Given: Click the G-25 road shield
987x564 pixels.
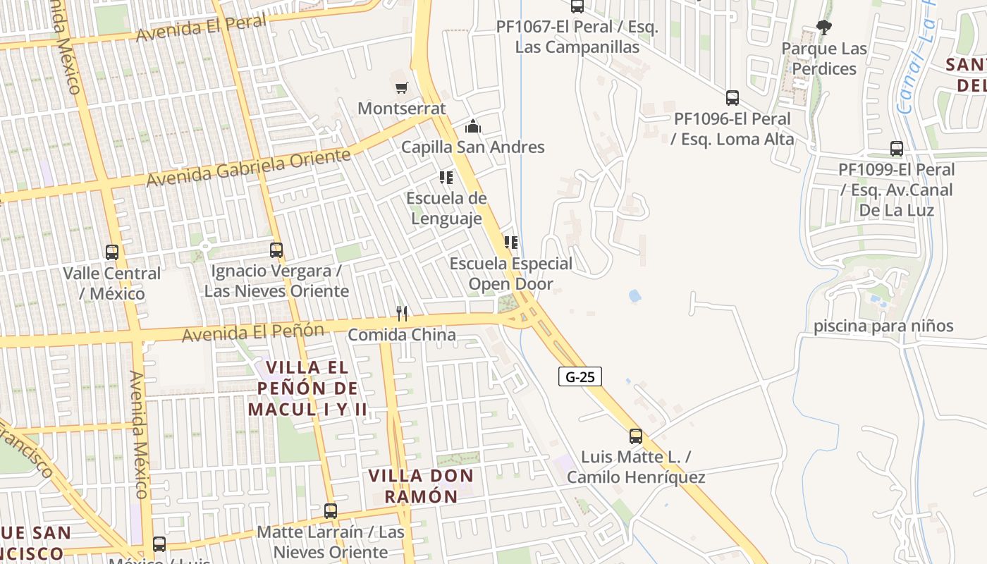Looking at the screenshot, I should (580, 376).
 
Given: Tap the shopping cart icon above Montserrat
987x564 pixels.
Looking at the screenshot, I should (401, 87).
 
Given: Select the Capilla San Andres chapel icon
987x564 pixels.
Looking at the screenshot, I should (472, 127).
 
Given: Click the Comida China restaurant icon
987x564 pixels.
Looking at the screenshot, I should (402, 314).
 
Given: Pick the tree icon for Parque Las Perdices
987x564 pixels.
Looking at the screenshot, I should (823, 28).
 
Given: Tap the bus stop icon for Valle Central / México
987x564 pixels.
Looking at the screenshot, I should (111, 252).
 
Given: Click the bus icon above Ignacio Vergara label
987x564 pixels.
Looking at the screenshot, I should (276, 250).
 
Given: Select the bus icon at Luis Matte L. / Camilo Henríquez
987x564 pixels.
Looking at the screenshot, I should (636, 436).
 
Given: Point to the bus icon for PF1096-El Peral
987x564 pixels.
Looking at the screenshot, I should (732, 98).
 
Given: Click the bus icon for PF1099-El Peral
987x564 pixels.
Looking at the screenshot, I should (896, 149).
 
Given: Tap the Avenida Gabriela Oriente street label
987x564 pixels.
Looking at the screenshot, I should (248, 168).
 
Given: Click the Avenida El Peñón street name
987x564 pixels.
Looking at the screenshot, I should (253, 332).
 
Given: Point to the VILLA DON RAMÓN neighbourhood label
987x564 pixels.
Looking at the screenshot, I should (422, 485).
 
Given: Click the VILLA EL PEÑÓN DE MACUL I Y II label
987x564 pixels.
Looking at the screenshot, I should (307, 388).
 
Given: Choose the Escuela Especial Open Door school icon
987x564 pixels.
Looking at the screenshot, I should (511, 243).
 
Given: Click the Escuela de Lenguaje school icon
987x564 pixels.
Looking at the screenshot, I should (446, 178).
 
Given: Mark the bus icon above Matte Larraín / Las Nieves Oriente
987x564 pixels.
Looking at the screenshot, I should (331, 510).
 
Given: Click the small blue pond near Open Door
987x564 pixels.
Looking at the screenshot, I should (634, 295).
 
